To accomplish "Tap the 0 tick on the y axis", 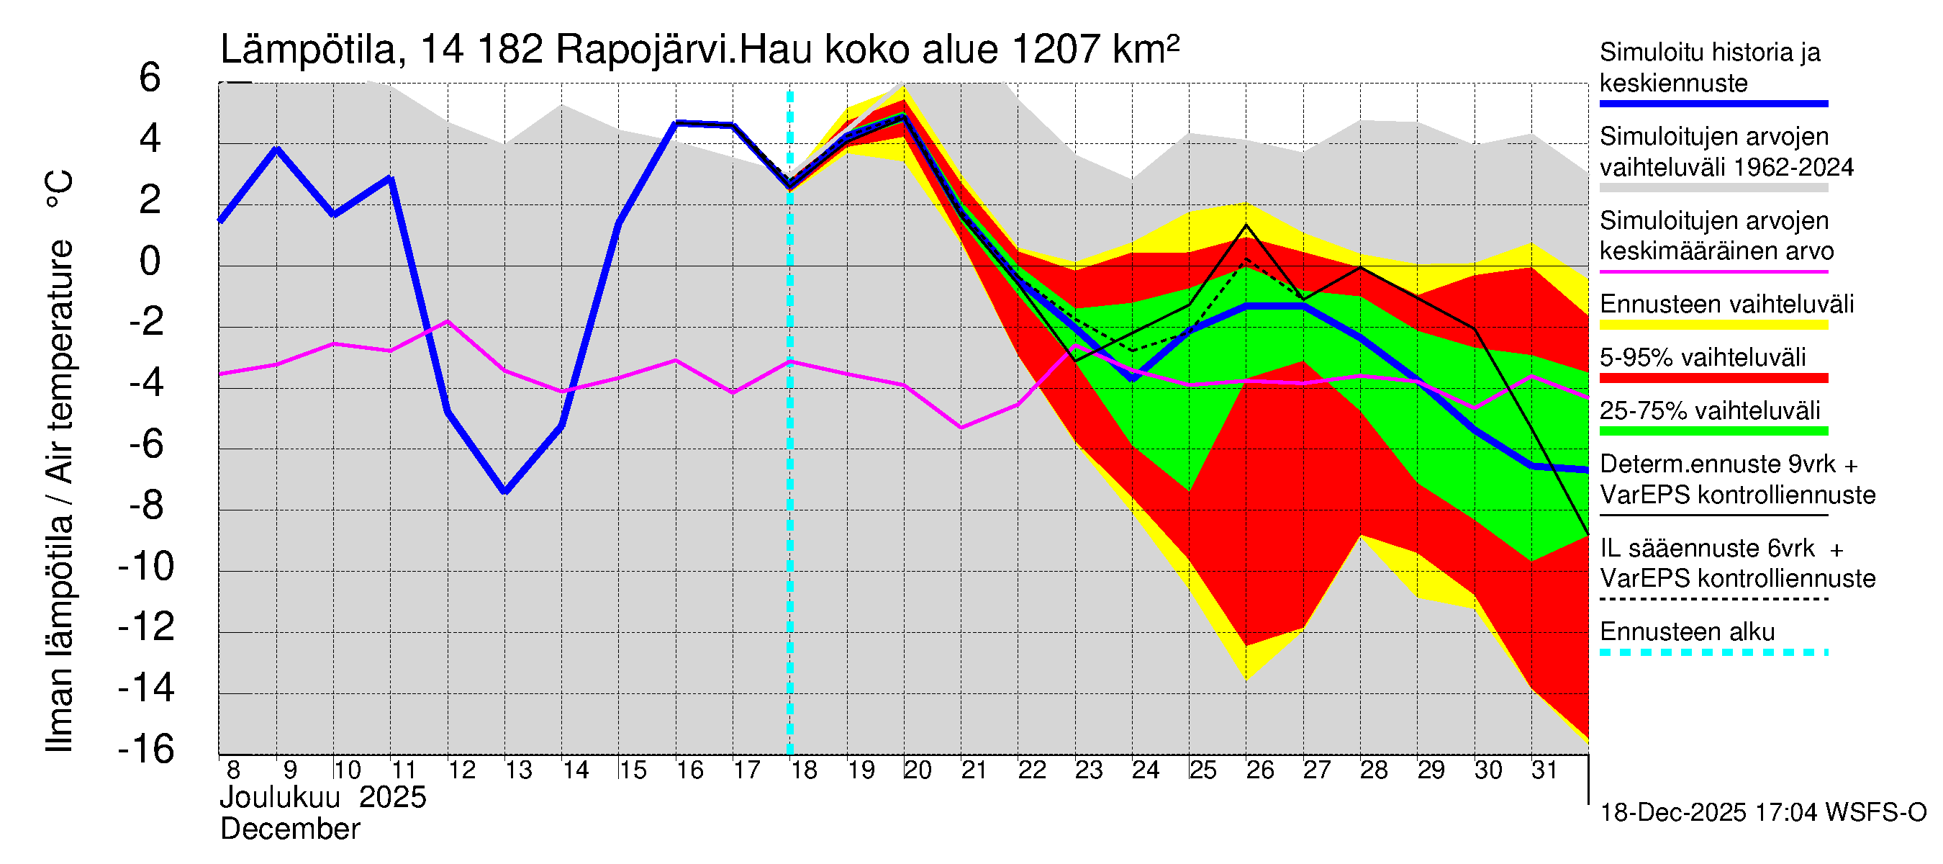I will (150, 261).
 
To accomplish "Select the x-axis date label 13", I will (518, 770).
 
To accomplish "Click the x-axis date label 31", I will (1544, 770).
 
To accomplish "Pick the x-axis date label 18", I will (803, 770).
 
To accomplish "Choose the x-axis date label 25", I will (1203, 770).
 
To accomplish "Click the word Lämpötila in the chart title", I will (308, 50).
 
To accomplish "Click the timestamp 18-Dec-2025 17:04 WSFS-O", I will (1762, 812).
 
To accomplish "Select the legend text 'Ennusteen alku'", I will (1688, 631).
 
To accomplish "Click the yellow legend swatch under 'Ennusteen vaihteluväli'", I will (1713, 325).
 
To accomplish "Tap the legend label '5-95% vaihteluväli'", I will (1703, 357).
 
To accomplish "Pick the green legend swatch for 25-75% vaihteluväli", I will (1713, 431).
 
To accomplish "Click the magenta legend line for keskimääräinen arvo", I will (1713, 271).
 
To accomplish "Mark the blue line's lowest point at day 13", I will (504, 492).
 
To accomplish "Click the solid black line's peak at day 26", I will (1246, 225).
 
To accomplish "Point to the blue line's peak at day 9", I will (277, 148).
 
